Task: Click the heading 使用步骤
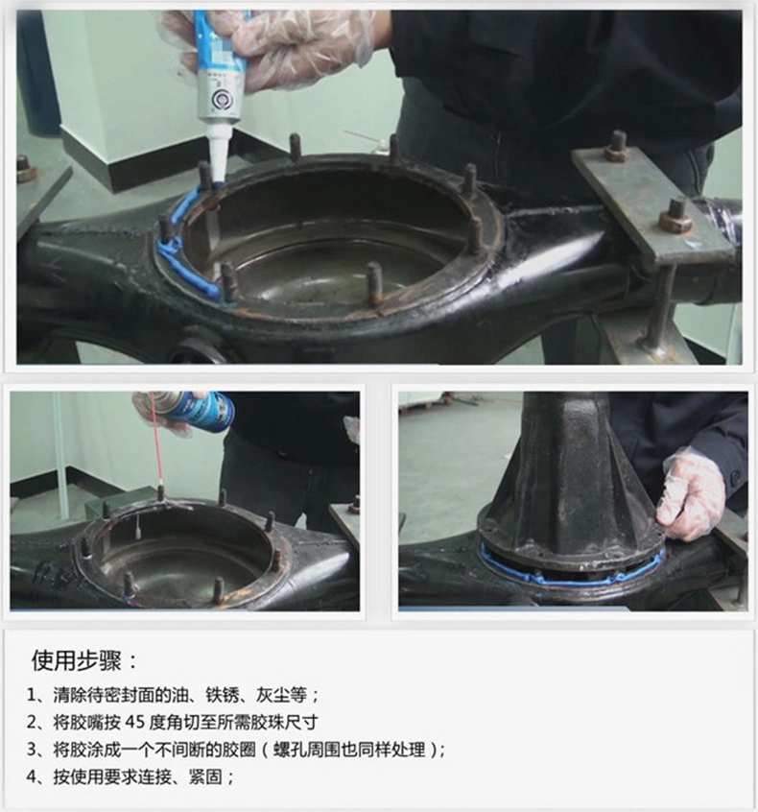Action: [77, 660]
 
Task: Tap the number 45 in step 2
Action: [134, 722]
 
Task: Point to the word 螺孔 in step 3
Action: [290, 750]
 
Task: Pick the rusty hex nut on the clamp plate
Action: [675, 217]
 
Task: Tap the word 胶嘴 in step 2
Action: [86, 722]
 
